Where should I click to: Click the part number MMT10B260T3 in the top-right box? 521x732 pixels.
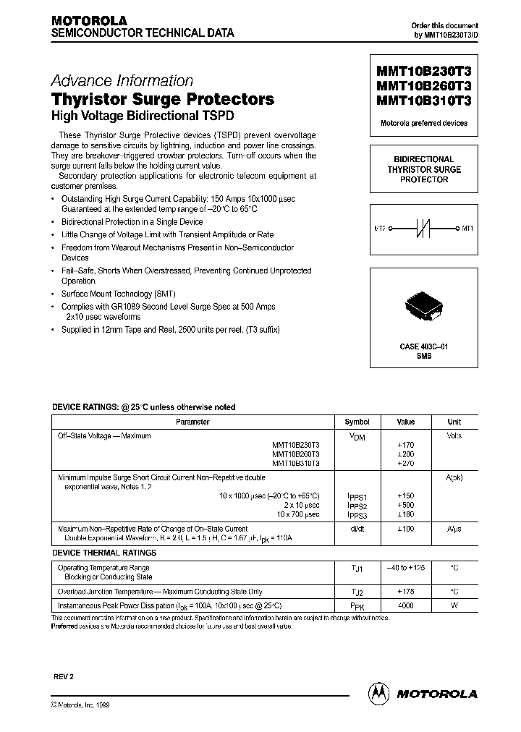tap(424, 87)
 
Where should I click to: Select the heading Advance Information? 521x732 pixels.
tap(122, 81)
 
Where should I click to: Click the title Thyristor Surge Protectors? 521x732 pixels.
tap(162, 99)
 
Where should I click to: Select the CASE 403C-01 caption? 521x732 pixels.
tap(424, 347)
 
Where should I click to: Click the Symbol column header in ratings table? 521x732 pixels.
tap(357, 422)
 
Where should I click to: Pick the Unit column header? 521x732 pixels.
tap(454, 422)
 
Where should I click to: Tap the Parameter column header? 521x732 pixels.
tap(193, 422)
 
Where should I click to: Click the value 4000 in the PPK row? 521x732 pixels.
tap(405, 605)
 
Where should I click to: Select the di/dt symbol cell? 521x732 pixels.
tap(357, 529)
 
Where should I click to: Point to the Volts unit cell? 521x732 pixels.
tap(454, 436)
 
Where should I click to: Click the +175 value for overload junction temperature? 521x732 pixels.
tap(405, 591)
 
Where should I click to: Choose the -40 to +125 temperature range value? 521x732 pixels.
tap(405, 569)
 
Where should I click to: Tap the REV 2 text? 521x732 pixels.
tap(64, 675)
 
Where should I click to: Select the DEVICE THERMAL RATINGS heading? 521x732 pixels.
tap(103, 553)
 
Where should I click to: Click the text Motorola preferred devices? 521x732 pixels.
tap(424, 123)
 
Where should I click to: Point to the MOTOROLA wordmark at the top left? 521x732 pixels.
tap(89, 21)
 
